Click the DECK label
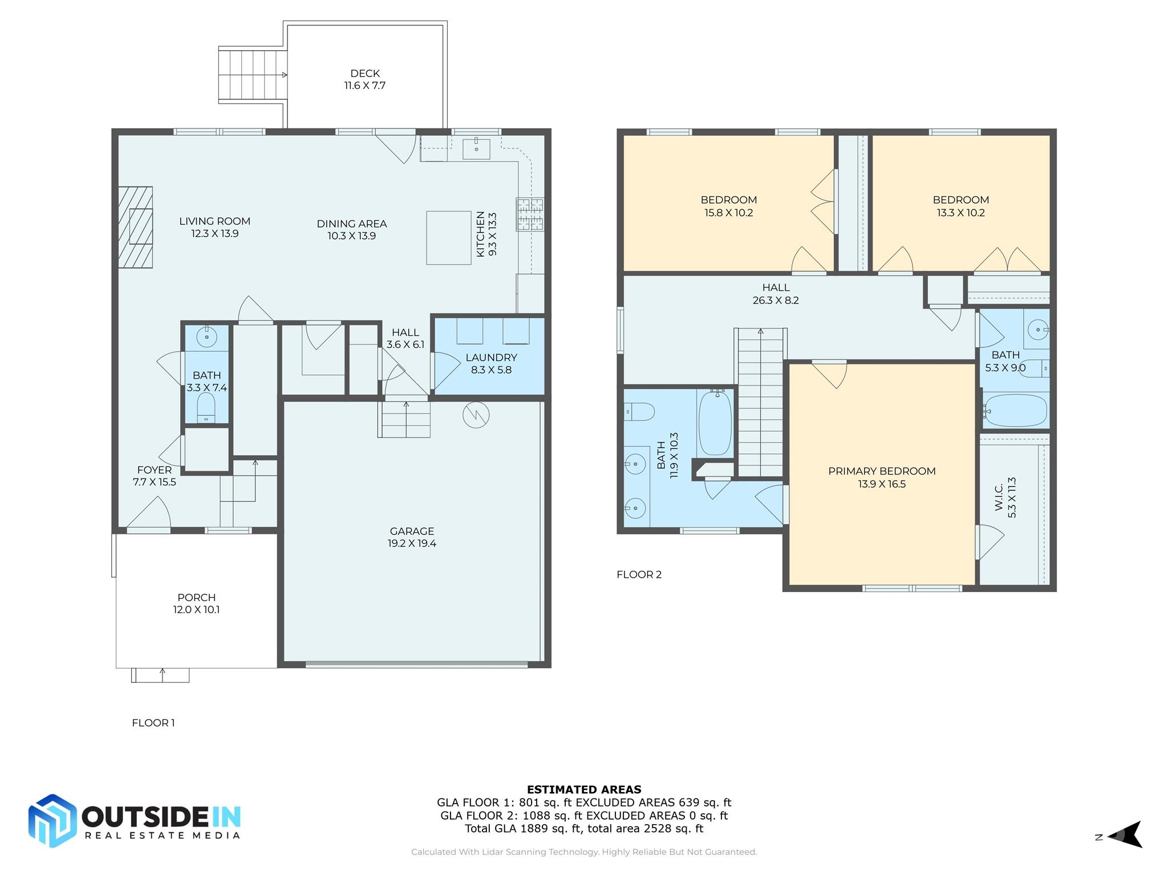tap(365, 79)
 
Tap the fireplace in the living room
tap(136, 227)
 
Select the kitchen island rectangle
tap(449, 238)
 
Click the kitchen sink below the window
tap(476, 149)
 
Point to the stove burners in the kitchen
tap(530, 214)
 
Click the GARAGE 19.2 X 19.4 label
tap(412, 537)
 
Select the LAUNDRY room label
tap(491, 363)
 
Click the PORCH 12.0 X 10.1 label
tap(196, 603)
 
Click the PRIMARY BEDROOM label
tap(882, 477)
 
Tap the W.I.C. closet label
tap(1005, 497)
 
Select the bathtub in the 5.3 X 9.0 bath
tap(1016, 410)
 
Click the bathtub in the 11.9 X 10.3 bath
tap(715, 423)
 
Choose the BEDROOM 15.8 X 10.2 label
tap(729, 206)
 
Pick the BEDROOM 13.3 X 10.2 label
tap(960, 206)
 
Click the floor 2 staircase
tap(761, 403)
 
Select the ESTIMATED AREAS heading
tap(584, 789)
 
